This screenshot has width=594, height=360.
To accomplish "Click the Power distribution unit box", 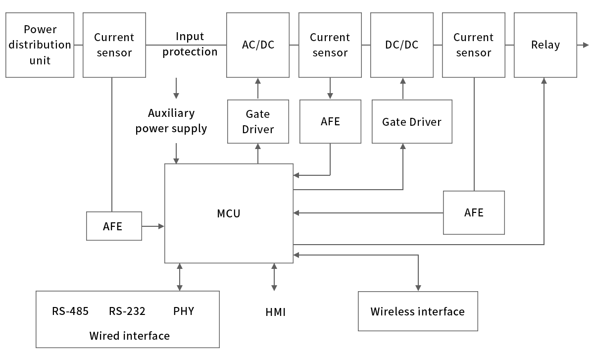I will click(x=40, y=45).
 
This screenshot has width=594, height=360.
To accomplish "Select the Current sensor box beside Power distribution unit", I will click(x=114, y=45).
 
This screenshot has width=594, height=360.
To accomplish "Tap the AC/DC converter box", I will click(x=257, y=45).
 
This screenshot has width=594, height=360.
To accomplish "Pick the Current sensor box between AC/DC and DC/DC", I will click(x=330, y=45).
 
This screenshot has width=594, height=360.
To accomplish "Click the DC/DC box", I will click(x=401, y=45).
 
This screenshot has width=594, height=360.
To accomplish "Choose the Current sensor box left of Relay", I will click(x=473, y=45).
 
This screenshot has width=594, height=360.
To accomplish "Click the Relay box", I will click(x=545, y=45).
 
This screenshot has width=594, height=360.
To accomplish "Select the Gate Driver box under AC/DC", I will click(x=257, y=121).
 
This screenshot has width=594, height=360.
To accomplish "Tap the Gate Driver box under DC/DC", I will click(x=412, y=121).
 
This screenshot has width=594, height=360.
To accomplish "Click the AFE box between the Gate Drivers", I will click(x=330, y=121).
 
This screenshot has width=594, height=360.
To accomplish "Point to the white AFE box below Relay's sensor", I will click(x=474, y=212).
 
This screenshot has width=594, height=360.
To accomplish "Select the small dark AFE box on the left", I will click(x=113, y=226).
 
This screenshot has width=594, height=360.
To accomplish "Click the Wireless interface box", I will click(x=418, y=311).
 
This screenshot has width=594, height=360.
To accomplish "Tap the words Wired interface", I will click(x=129, y=336).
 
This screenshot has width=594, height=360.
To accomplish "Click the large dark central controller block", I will click(x=229, y=213).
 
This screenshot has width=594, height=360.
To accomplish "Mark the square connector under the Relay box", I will click(x=544, y=81).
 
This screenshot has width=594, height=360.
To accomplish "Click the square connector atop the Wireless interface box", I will click(x=418, y=288).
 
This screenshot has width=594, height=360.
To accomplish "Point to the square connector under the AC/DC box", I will click(x=257, y=81).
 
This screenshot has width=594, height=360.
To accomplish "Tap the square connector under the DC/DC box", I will click(x=402, y=81).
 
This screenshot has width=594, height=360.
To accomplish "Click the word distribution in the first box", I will click(x=40, y=45).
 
